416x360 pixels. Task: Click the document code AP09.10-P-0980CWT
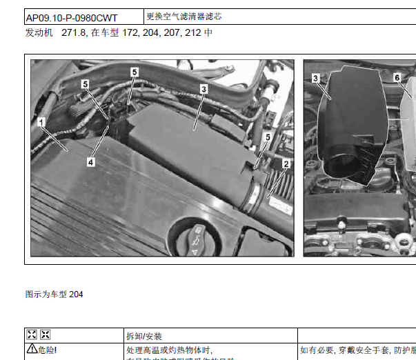[x=71, y=17]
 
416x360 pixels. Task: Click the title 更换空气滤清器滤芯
[x=184, y=16]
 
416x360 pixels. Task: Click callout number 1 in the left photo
[x=42, y=123]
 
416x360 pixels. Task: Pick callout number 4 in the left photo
[x=90, y=162]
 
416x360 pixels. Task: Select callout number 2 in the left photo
[x=286, y=164]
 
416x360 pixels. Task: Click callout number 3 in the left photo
[x=204, y=88]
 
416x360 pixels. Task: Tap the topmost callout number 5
[x=135, y=71]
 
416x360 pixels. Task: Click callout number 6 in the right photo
[x=397, y=78]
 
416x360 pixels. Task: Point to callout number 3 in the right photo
[x=315, y=79]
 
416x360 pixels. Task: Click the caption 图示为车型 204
[x=54, y=294]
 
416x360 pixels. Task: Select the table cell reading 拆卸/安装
[x=143, y=336]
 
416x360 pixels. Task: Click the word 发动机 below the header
[x=39, y=32]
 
